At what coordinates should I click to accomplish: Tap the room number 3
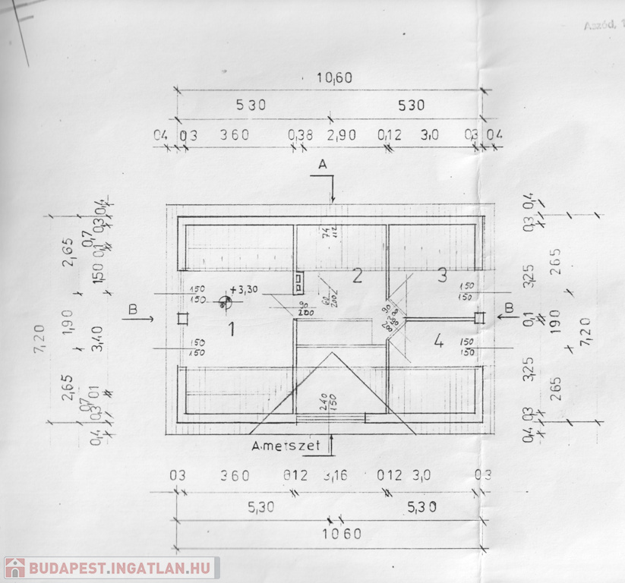[x=442, y=276]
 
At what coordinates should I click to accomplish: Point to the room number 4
[x=437, y=342]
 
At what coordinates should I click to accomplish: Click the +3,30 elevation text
[x=244, y=289]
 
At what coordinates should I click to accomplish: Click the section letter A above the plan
[x=322, y=164]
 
